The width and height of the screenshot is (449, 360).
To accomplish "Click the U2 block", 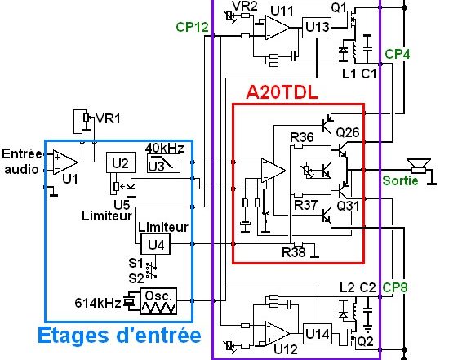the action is tap(121, 162).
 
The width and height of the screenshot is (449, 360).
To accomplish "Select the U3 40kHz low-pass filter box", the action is tap(163, 163).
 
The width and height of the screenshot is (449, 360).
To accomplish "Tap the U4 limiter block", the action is tap(155, 244).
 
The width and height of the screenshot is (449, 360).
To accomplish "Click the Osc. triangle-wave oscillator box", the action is tap(158, 301).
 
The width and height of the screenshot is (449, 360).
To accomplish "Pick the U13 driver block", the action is tap(317, 28).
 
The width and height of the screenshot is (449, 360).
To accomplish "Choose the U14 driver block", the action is tap(318, 334).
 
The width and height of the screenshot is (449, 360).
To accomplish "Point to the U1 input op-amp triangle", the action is tap(65, 162).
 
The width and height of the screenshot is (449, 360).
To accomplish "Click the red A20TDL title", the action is tap(282, 92).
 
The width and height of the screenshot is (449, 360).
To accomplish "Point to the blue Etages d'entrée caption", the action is tap(119, 335).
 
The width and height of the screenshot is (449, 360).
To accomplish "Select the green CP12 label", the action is tap(192, 27).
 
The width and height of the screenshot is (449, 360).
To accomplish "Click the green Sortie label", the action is tap(400, 180).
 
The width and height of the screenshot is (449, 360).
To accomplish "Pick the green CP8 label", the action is tap(394, 287).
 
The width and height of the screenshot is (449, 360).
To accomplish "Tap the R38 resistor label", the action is tap(294, 252).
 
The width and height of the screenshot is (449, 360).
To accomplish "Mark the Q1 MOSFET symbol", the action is tap(352, 20).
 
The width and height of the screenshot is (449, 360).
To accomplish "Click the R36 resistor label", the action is tap(302, 137).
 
